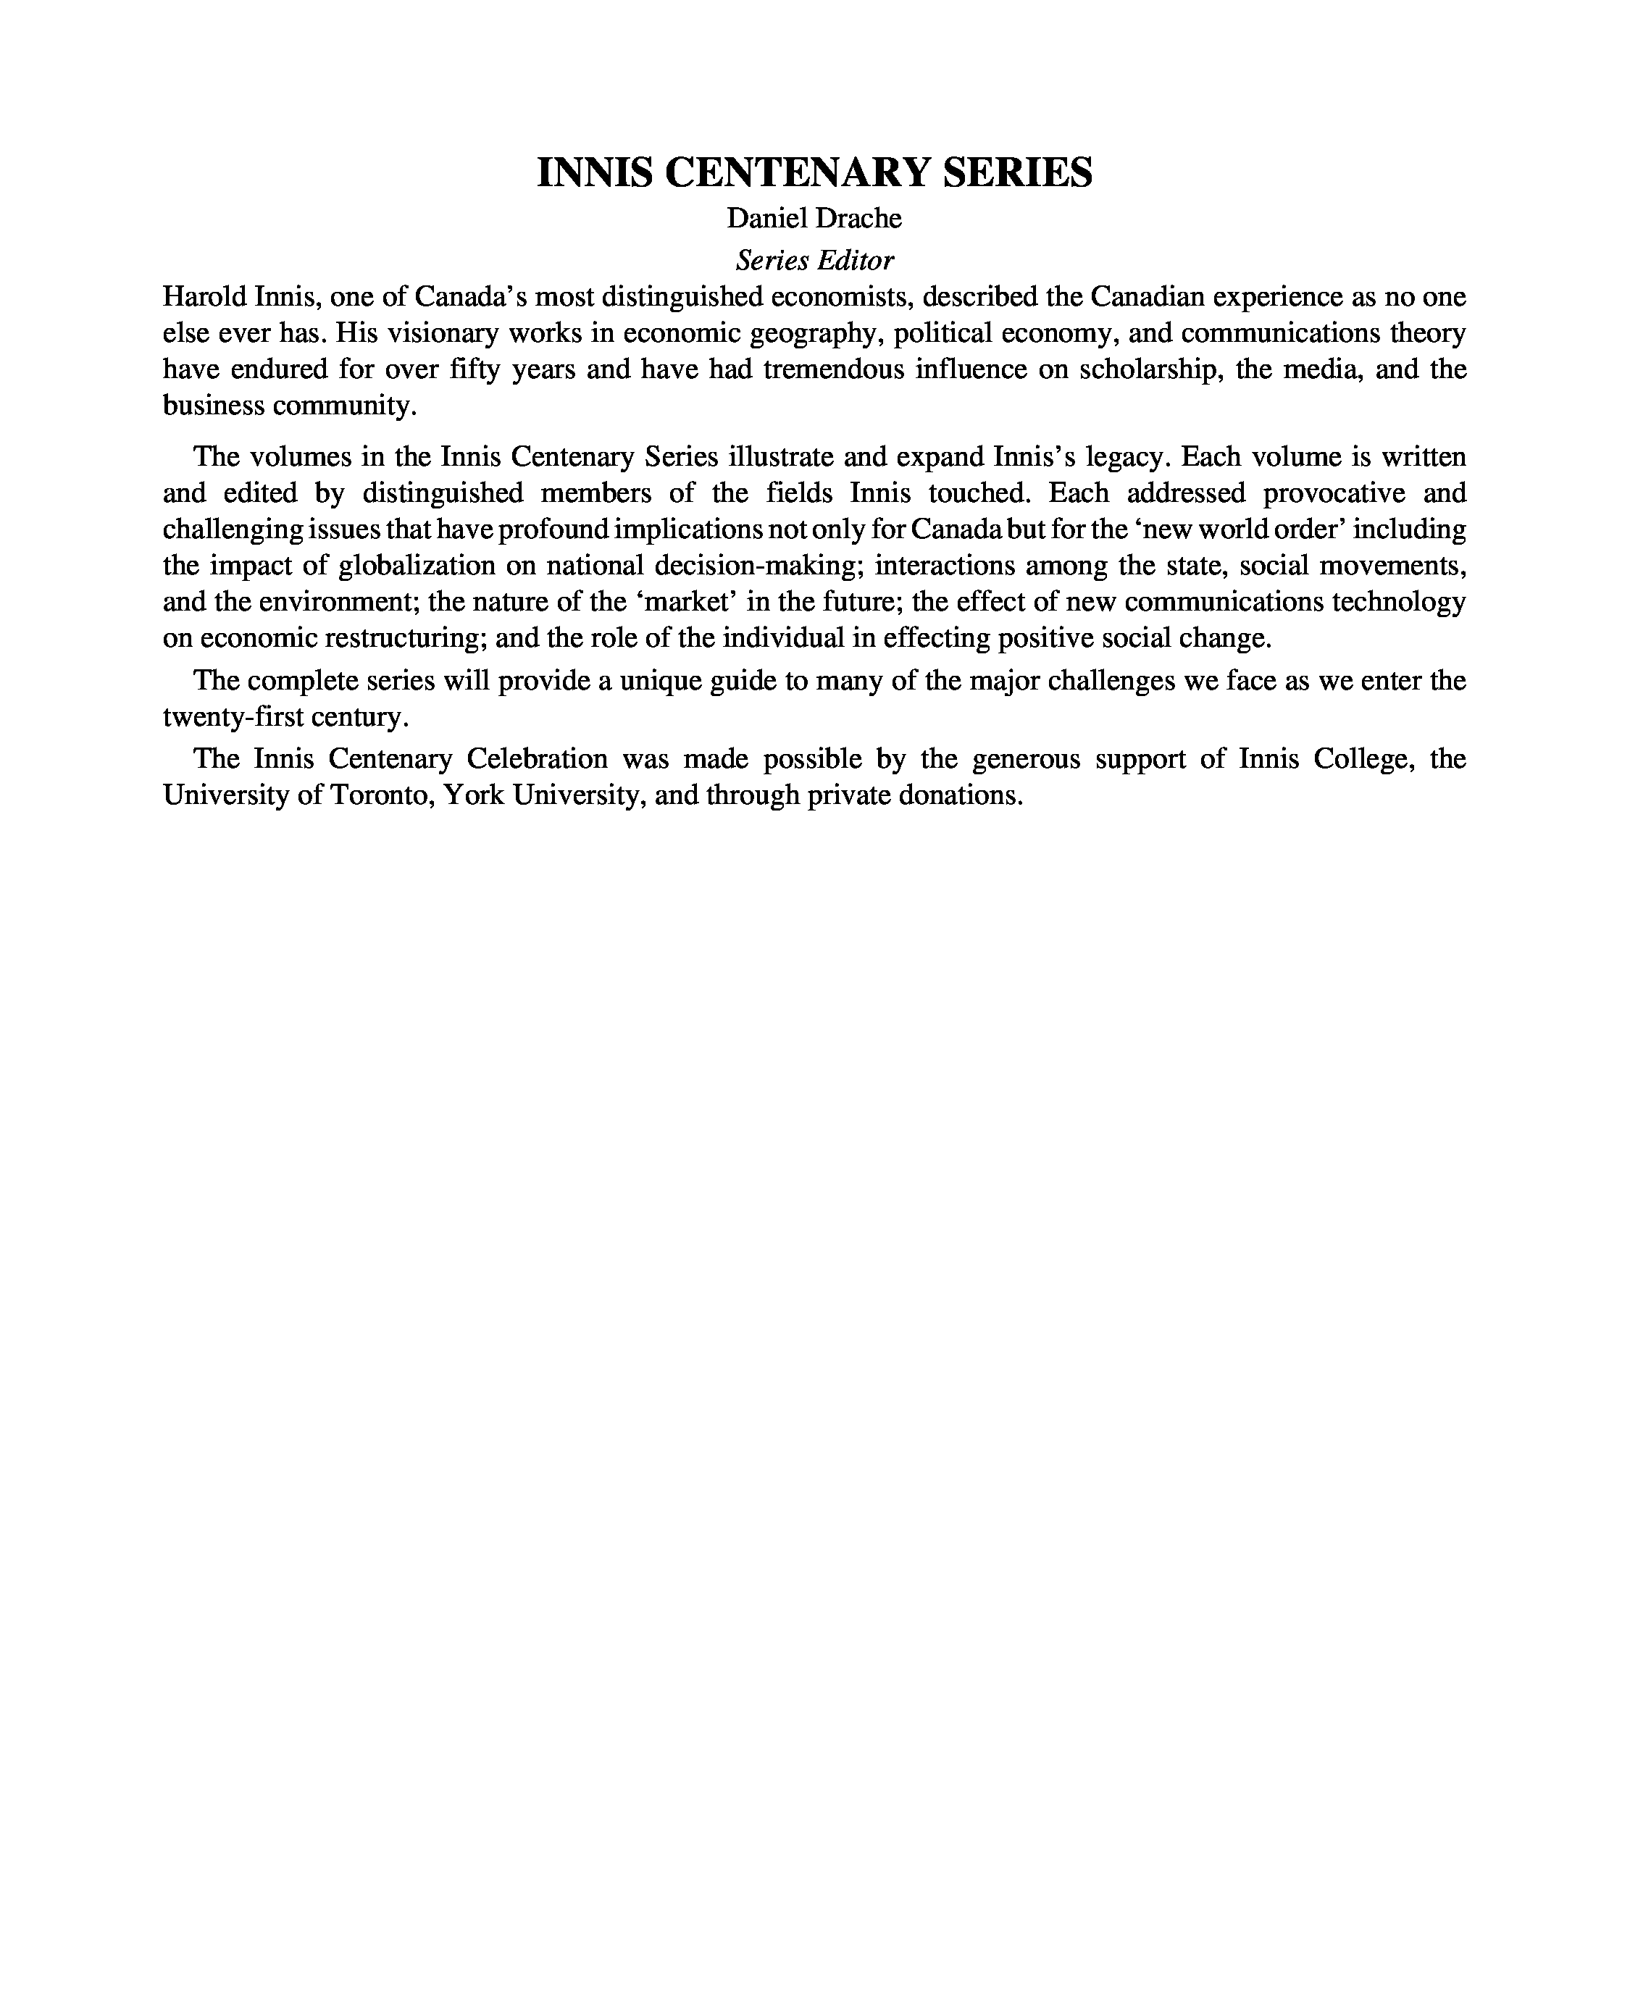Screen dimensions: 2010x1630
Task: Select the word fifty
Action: (475, 369)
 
